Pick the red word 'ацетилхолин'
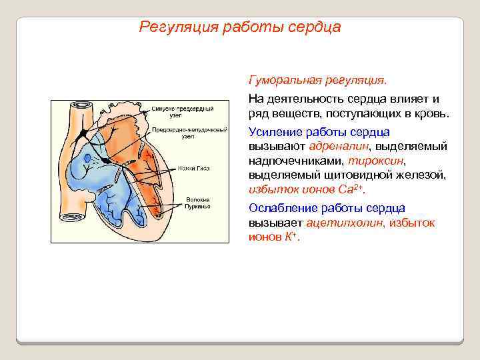click(x=344, y=223)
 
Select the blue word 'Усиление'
click(x=273, y=131)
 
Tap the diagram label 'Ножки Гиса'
click(x=194, y=169)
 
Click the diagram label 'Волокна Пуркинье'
click(x=198, y=203)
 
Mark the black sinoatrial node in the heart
click(x=81, y=134)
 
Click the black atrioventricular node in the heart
click(x=107, y=161)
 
